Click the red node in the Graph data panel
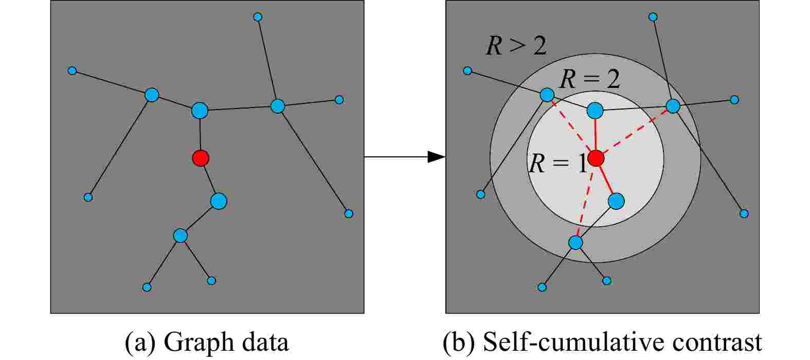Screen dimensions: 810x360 (x=201, y=158)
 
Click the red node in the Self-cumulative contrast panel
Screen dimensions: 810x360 (x=596, y=158)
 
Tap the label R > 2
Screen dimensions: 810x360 (x=516, y=46)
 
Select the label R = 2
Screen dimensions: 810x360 (x=590, y=79)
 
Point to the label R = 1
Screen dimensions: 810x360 (x=557, y=164)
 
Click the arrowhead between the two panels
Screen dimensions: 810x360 (x=437, y=157)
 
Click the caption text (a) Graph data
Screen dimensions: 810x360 (x=207, y=342)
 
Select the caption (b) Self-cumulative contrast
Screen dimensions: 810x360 (x=602, y=342)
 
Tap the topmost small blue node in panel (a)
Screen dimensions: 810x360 (x=258, y=16)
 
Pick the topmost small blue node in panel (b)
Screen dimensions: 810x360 (x=653, y=16)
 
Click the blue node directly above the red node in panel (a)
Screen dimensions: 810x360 (x=200, y=110)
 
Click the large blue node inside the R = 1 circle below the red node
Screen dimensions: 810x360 (x=616, y=201)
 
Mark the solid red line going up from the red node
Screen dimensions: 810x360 (x=595, y=134)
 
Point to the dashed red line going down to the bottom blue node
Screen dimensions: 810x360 (x=585, y=201)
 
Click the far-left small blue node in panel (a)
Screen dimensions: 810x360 (x=72, y=70)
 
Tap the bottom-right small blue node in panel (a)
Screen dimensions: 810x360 (x=349, y=213)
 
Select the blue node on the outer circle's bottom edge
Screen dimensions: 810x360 (x=575, y=243)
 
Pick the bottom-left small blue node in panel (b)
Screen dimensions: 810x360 (x=542, y=287)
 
